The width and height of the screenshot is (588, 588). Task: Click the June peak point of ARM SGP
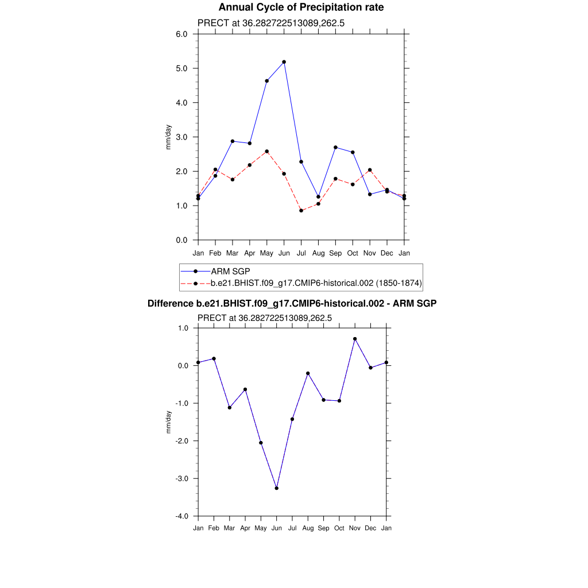[284, 62]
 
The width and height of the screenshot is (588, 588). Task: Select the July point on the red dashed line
[301, 211]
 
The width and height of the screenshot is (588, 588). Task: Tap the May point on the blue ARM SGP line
[266, 81]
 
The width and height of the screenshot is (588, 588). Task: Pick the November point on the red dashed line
[370, 170]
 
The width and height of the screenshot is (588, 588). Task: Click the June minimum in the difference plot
[277, 488]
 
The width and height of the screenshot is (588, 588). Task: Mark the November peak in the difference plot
[355, 339]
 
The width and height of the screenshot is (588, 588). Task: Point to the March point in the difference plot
[230, 408]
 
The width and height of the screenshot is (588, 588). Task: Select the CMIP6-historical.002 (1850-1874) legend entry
[316, 283]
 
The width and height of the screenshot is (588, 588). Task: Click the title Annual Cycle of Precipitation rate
[301, 7]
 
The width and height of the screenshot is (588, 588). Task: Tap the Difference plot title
[292, 303]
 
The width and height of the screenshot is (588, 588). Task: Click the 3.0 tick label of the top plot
[181, 137]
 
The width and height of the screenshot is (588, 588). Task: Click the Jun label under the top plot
[284, 253]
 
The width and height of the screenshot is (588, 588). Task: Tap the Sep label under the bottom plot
[324, 528]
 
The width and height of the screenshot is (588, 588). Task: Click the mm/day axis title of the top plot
[169, 137]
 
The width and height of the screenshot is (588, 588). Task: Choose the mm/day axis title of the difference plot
[169, 422]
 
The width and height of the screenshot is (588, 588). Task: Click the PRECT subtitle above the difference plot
[265, 318]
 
